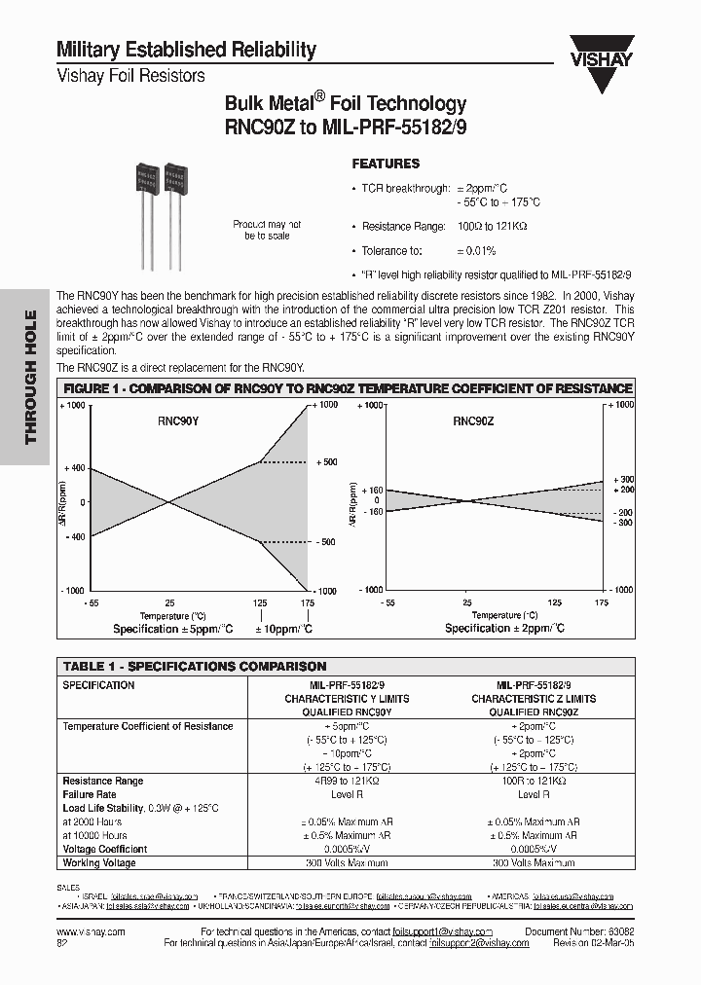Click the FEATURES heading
pyautogui.click(x=386, y=164)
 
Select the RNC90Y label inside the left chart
pyautogui.click(x=178, y=422)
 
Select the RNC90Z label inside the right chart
pyautogui.click(x=473, y=422)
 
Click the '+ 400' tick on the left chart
pyautogui.click(x=74, y=468)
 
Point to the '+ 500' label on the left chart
pyautogui.click(x=326, y=462)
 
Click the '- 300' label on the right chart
pyautogui.click(x=623, y=523)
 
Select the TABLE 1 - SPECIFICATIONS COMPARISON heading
pyautogui.click(x=195, y=667)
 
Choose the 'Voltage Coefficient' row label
pyautogui.click(x=105, y=849)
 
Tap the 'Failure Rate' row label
pyautogui.click(x=90, y=794)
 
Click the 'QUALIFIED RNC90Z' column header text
pyautogui.click(x=534, y=712)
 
